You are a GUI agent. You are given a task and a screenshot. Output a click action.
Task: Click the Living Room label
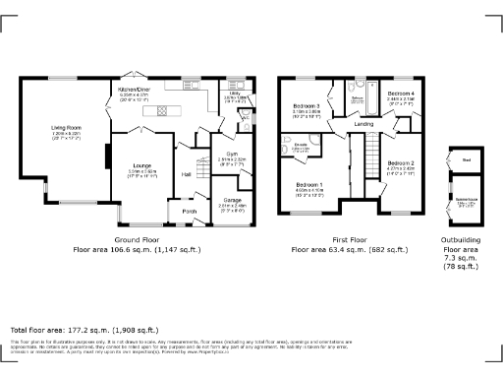tap(66, 127)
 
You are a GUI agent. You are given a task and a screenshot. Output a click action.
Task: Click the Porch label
tap(189, 211)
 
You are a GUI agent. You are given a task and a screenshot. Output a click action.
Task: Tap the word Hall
tap(186, 175)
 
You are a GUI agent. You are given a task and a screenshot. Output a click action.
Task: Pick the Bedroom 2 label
tap(401, 162)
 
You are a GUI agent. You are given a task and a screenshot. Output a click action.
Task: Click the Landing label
tap(363, 125)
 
